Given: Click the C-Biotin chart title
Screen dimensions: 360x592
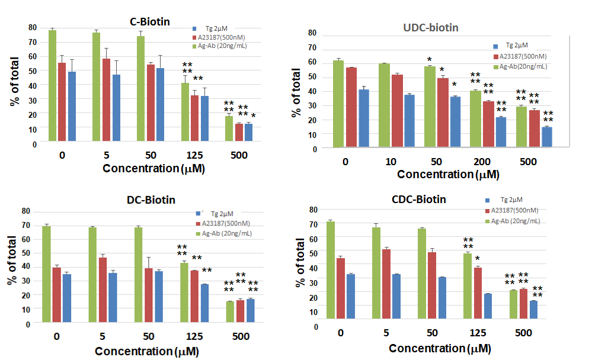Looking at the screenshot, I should pos(150,22).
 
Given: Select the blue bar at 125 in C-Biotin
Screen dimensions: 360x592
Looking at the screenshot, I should pos(204,118).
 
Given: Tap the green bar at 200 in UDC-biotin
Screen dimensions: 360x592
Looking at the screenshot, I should pos(475,119).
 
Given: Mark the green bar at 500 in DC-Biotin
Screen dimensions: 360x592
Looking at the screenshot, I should pos(229,312).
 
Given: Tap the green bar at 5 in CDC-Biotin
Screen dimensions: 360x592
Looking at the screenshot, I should pos(376,273).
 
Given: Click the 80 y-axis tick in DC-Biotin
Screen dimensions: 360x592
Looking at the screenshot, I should pos(25,211).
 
